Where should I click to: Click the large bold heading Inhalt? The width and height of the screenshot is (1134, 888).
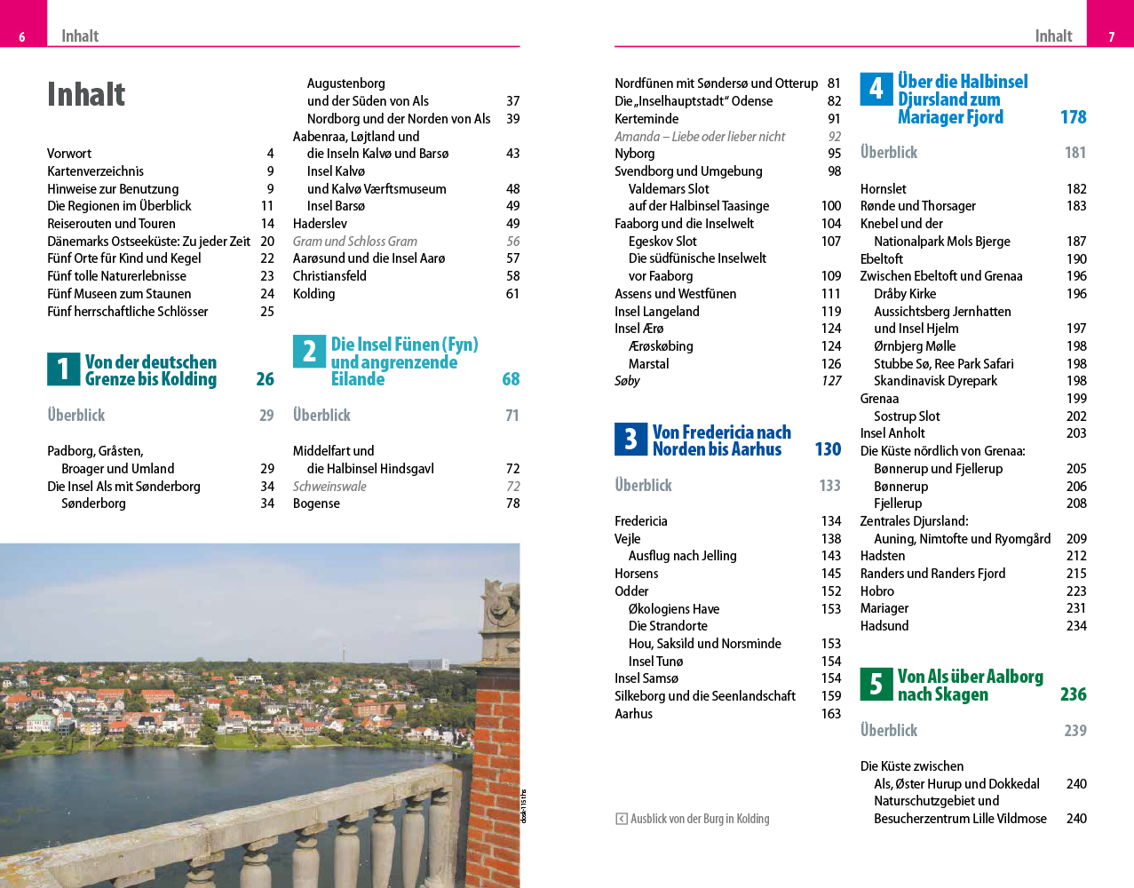86,94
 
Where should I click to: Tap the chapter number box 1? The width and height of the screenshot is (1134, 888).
63,369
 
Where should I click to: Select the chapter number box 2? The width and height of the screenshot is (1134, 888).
309,352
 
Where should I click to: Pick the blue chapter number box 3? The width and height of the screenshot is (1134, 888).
630,439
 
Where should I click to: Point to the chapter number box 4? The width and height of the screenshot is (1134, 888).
876,89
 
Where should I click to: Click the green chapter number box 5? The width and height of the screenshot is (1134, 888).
876,684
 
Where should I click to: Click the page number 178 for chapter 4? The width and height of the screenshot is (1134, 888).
1073,117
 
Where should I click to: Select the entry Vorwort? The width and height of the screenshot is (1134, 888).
69,154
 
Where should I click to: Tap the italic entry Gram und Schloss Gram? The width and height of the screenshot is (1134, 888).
354,242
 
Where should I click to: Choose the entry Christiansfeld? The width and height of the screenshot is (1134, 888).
329,276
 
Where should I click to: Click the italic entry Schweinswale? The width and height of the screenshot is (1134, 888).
329,487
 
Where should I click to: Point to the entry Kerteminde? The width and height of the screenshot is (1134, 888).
646,119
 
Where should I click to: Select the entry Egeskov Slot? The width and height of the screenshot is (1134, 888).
662,242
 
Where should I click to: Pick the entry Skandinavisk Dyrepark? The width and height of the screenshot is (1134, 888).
935,381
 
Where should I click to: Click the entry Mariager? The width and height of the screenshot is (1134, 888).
884,608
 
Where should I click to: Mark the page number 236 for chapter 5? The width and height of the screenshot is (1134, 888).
1073,694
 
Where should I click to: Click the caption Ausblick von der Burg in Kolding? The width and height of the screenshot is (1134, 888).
700,819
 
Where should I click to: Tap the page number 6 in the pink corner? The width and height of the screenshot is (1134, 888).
22,36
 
